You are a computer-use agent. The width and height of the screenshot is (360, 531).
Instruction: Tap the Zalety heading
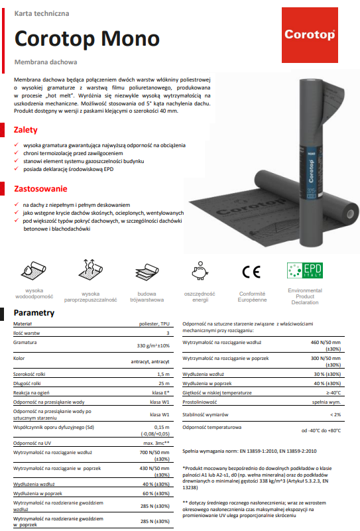pyautogui.click(x=26, y=130)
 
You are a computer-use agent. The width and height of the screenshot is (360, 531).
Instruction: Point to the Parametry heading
pyautogui.click(x=38, y=312)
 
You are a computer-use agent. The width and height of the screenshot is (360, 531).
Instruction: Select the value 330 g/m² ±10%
pyautogui.click(x=153, y=346)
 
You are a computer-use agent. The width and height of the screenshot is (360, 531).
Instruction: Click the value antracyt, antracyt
pyautogui.click(x=151, y=363)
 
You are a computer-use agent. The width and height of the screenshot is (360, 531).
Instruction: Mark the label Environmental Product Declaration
pyautogui.click(x=304, y=296)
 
